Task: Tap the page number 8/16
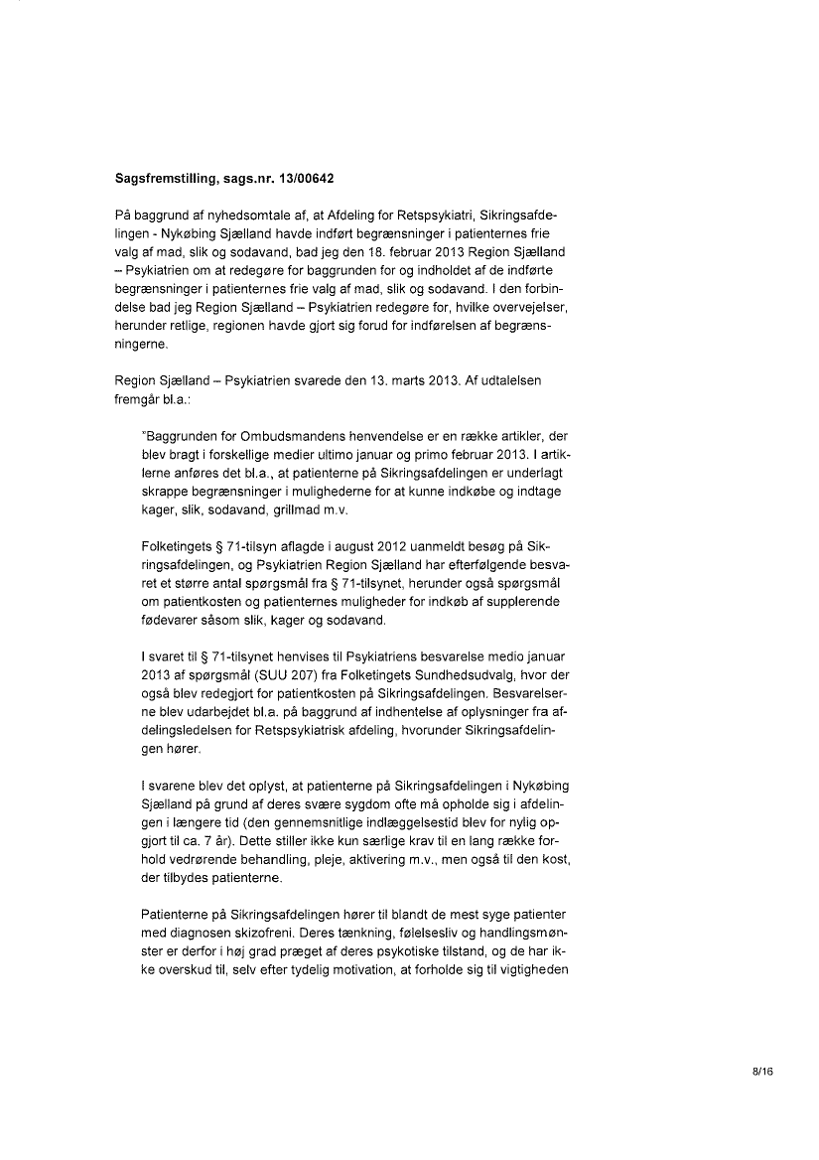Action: coord(762,1071)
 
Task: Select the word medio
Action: coord(491,656)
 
